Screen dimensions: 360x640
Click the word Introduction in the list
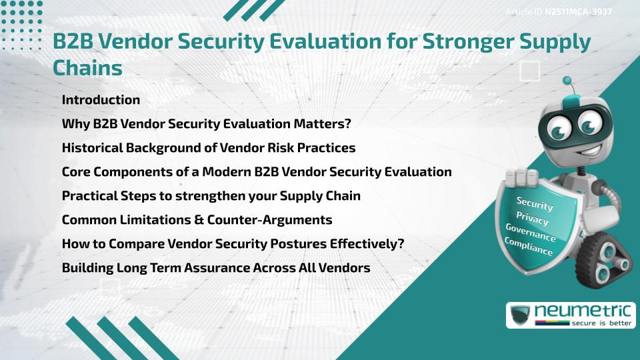pos(101,100)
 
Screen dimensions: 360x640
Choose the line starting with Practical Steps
pos(211,196)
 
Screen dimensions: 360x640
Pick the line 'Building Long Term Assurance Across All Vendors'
pos(216,268)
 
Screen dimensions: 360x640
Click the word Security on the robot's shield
pos(535,203)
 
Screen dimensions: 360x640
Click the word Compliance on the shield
pos(529,247)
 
